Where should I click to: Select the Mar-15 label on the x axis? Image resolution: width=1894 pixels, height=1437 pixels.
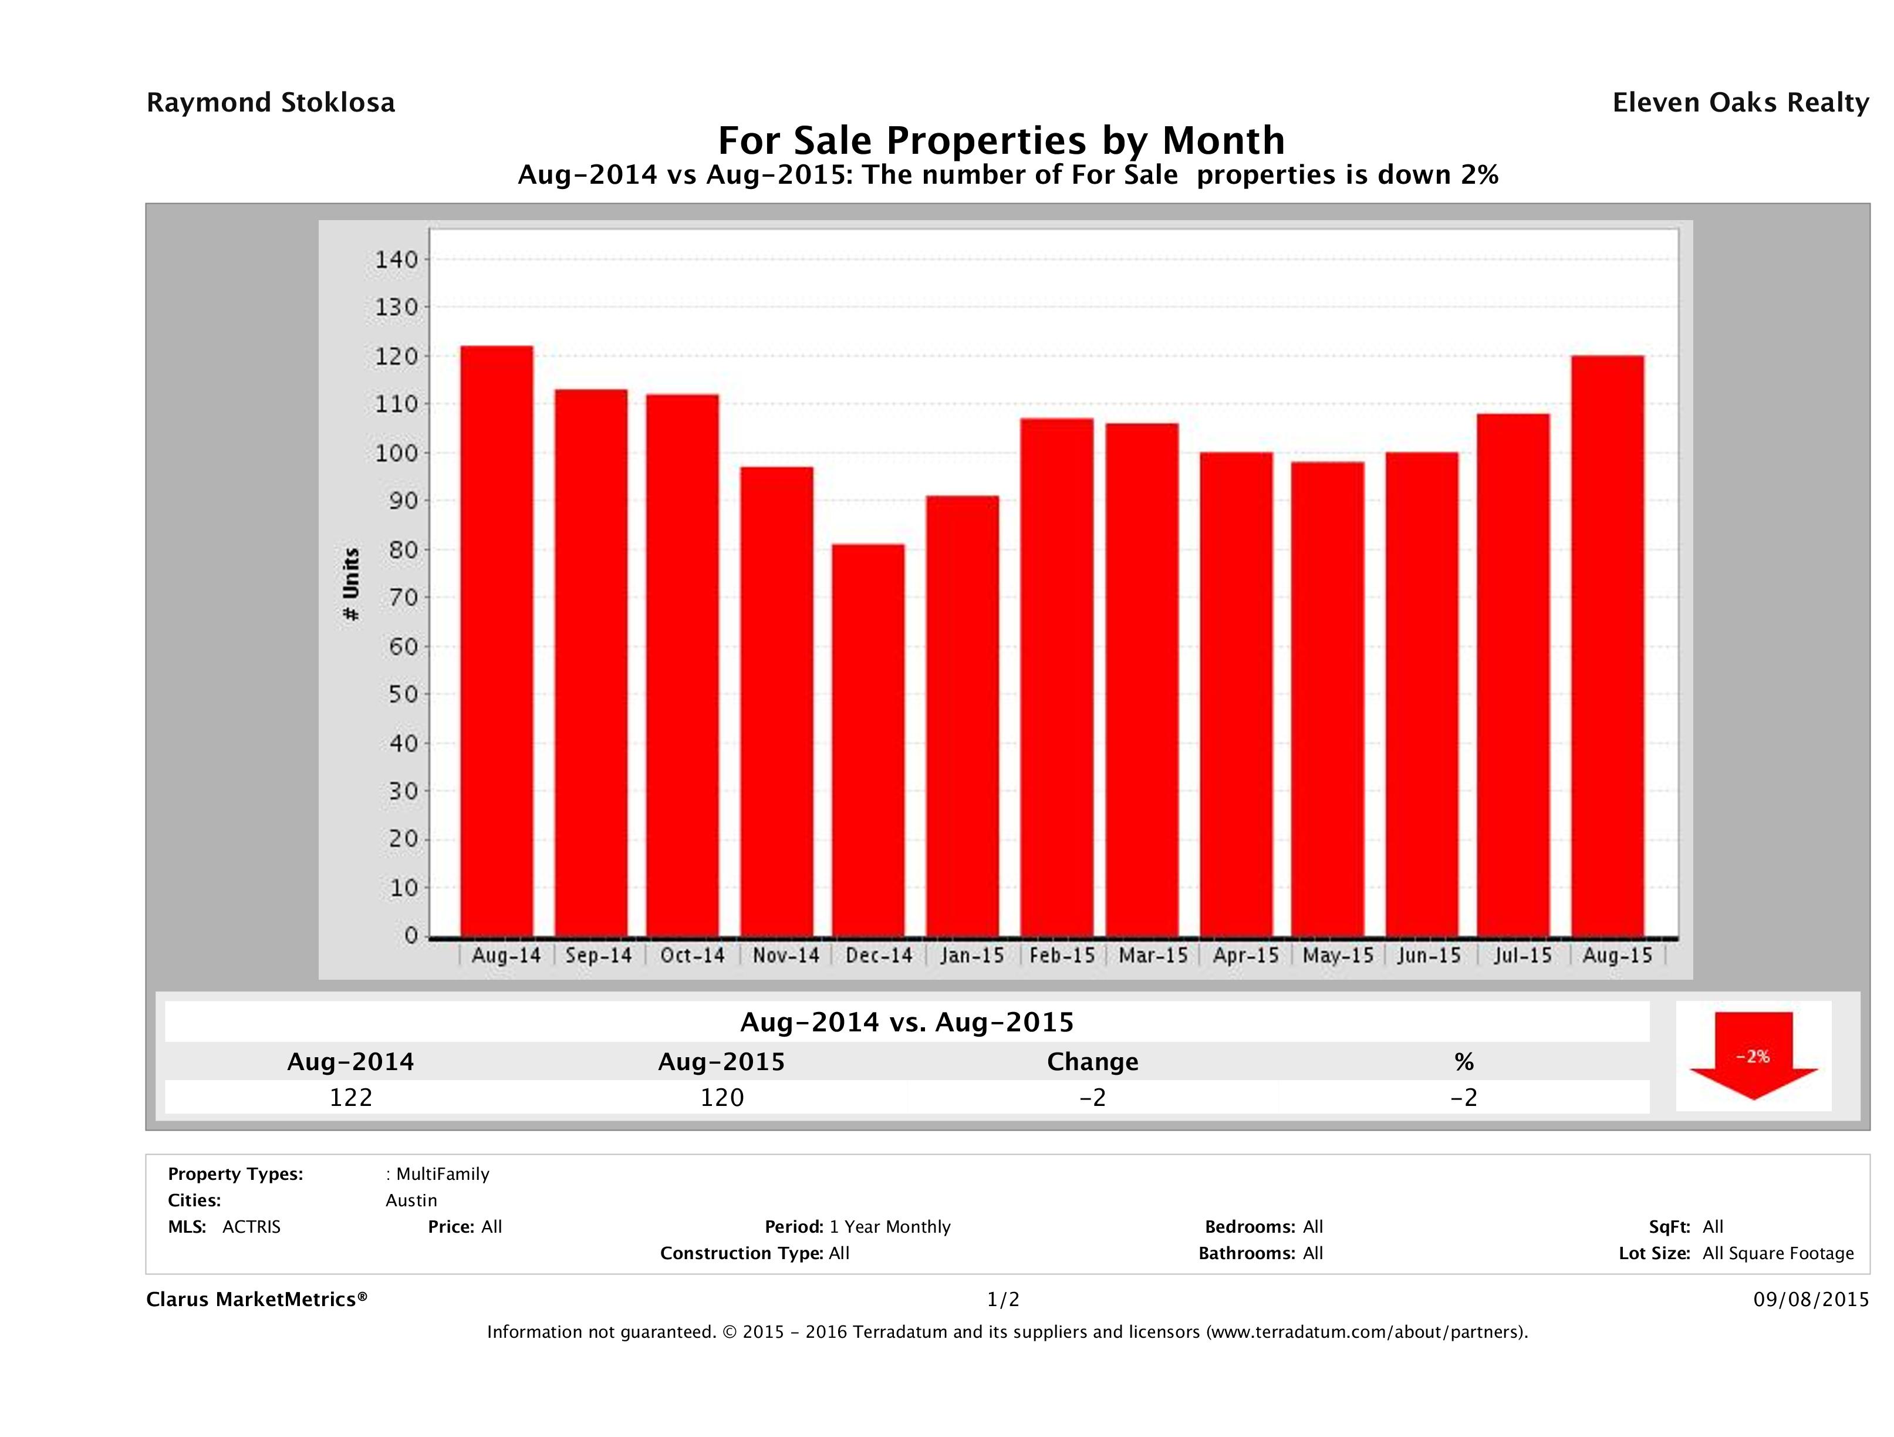(x=1153, y=956)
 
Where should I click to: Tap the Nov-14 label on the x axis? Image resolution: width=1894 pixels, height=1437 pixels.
(x=785, y=956)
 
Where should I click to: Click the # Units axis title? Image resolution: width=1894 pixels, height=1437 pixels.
(x=351, y=584)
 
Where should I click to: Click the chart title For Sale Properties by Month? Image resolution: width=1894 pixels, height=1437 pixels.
(x=1000, y=140)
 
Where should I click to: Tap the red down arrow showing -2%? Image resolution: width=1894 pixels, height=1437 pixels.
(x=1753, y=1055)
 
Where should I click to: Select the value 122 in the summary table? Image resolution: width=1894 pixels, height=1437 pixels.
(x=351, y=1097)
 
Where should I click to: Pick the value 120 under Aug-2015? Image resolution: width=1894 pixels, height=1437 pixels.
(x=722, y=1097)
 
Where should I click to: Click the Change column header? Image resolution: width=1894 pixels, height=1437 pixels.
(x=1093, y=1062)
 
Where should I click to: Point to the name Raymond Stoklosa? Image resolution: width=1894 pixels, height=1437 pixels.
(x=271, y=103)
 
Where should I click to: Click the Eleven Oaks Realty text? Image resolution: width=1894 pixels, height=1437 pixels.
(x=1740, y=103)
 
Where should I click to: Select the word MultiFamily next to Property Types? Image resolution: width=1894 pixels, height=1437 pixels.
(x=442, y=1174)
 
